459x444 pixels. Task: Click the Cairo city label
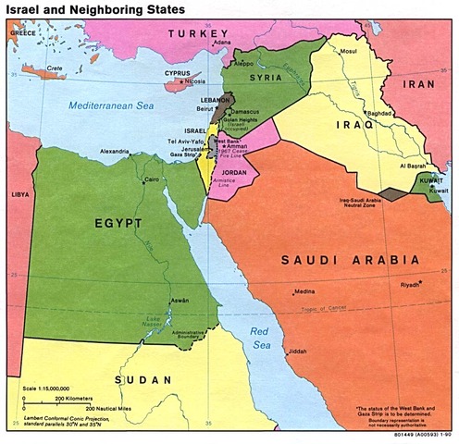click(x=153, y=179)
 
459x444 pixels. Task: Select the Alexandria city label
click(x=117, y=151)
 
